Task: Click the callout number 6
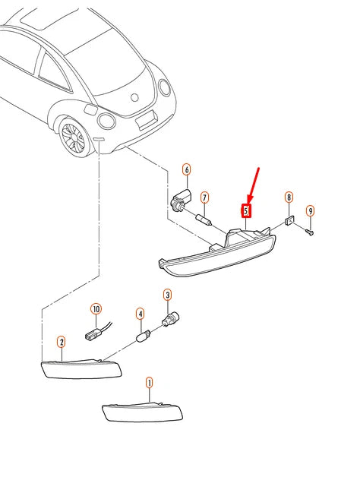pyautogui.click(x=187, y=169)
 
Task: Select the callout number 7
pyautogui.click(x=204, y=197)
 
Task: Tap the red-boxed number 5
pyautogui.click(x=246, y=211)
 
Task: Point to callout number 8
pyautogui.click(x=289, y=197)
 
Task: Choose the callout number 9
pyautogui.click(x=310, y=211)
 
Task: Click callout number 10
pyautogui.click(x=96, y=309)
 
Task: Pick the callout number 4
pyautogui.click(x=140, y=314)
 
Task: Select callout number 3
pyautogui.click(x=167, y=295)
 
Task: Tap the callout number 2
pyautogui.click(x=62, y=343)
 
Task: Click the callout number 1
pyautogui.click(x=149, y=383)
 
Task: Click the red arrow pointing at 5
pyautogui.click(x=254, y=185)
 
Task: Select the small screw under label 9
pyautogui.click(x=310, y=232)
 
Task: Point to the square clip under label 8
pyautogui.click(x=289, y=220)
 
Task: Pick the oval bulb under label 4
pyautogui.click(x=143, y=336)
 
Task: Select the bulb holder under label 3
pyautogui.click(x=170, y=320)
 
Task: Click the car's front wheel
pyautogui.click(x=74, y=137)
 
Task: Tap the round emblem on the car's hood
pyautogui.click(x=134, y=97)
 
